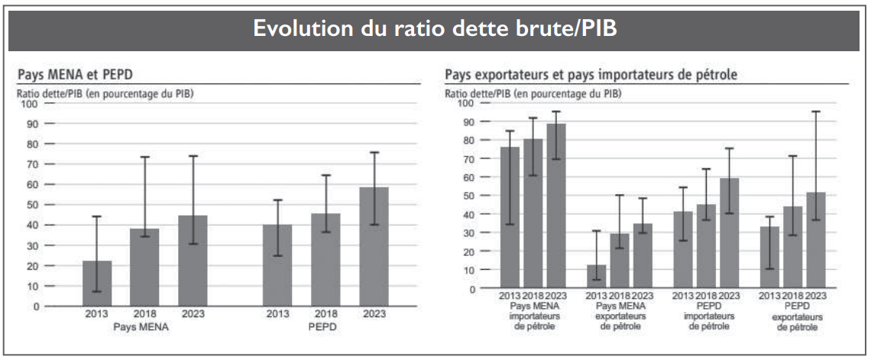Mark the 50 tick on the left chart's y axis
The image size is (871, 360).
coord(32,204)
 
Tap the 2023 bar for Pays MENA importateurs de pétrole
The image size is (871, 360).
coord(555,206)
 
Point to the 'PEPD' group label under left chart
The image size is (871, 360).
coord(325,326)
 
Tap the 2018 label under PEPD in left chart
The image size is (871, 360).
coord(325,314)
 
